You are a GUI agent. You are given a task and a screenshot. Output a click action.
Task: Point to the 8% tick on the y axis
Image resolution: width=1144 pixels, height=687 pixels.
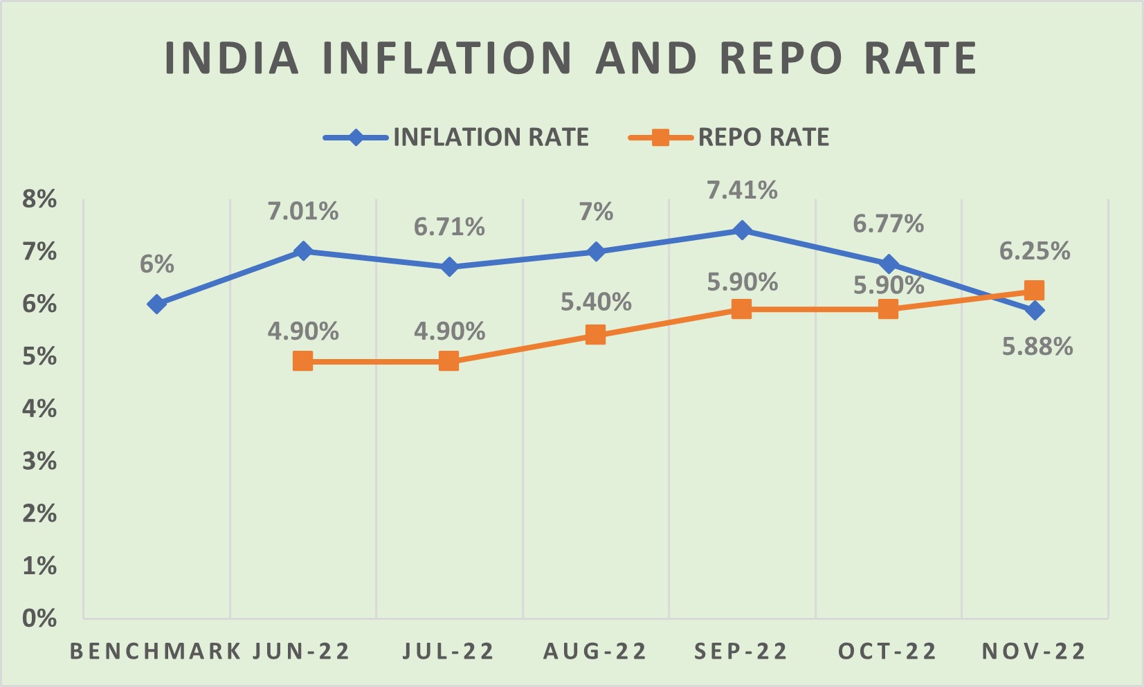tap(39, 199)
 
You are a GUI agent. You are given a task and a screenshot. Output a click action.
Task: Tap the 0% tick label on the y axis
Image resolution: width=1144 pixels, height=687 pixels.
tap(39, 618)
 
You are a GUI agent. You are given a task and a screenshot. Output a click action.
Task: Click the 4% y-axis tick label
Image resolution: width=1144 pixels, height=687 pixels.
tap(39, 409)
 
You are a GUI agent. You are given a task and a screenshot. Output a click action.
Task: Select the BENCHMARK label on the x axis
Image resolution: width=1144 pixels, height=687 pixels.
tap(156, 652)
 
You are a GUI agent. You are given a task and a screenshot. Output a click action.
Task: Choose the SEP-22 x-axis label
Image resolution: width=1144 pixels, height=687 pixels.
tap(741, 652)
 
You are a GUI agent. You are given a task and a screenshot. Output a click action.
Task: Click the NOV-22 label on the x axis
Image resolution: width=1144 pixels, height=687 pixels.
tap(1034, 652)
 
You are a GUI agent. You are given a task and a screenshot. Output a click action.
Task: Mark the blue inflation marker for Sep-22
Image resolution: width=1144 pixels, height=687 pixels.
tap(742, 230)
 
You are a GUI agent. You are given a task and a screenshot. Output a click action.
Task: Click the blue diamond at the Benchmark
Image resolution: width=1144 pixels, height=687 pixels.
tap(156, 304)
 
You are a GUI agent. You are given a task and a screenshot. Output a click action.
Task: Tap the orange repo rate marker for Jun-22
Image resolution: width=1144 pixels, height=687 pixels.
tap(302, 361)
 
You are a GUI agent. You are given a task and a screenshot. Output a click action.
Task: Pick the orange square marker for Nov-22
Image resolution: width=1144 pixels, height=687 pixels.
tap(1034, 290)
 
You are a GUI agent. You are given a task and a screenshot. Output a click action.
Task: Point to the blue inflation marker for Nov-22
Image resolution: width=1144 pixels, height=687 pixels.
tap(1035, 311)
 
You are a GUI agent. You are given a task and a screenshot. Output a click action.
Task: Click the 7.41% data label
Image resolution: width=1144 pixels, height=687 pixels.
tap(742, 190)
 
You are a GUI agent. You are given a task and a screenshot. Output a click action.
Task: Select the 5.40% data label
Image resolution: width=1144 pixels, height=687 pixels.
tap(596, 302)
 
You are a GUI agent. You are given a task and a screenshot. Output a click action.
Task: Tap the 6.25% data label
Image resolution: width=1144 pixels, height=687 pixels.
tap(1035, 251)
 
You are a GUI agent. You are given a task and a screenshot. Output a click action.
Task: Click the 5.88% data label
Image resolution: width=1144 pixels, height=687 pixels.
tap(1037, 347)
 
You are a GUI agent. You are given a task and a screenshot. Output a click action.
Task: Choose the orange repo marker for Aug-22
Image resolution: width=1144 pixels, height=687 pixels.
tap(595, 336)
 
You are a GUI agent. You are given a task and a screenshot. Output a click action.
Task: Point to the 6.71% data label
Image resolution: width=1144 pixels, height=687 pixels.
tap(449, 227)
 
